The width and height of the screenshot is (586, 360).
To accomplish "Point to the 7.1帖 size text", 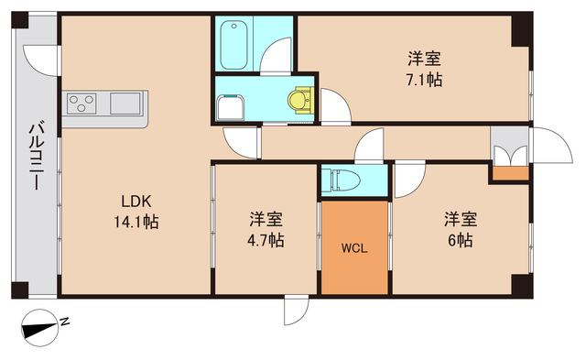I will click(x=425, y=81).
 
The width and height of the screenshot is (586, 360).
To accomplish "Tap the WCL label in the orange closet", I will click(x=354, y=248).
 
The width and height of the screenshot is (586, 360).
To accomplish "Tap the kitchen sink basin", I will click(x=126, y=103).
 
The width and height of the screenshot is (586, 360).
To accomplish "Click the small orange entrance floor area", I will click(x=509, y=172).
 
